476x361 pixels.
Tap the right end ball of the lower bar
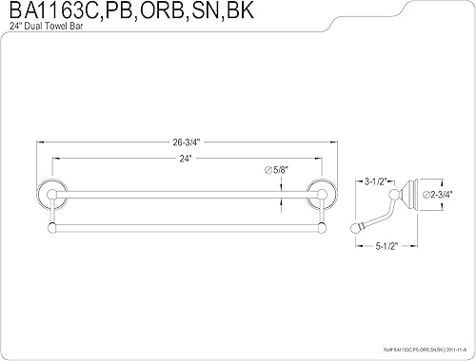click(324, 227)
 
